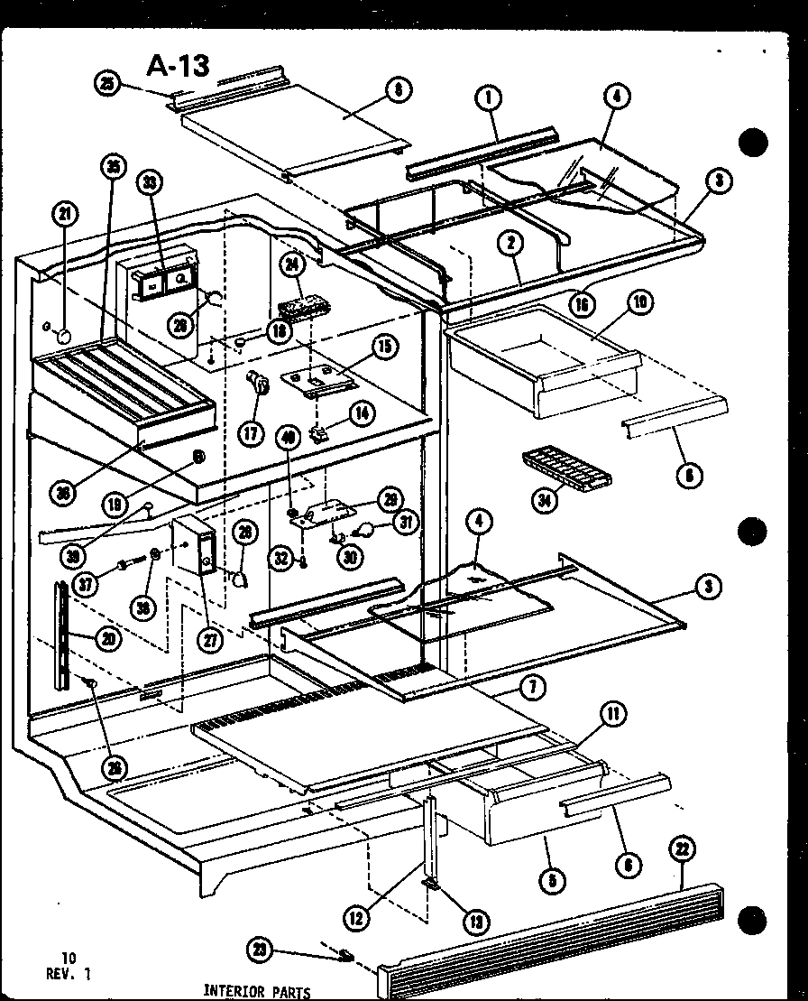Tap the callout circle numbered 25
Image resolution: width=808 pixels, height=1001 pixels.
click(106, 84)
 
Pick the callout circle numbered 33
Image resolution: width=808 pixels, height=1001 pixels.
click(148, 182)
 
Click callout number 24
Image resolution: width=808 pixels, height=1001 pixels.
click(291, 265)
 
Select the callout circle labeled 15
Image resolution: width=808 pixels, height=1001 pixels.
click(385, 346)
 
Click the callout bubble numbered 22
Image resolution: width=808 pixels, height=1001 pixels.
click(683, 848)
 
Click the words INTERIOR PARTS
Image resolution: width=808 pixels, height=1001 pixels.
click(256, 992)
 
